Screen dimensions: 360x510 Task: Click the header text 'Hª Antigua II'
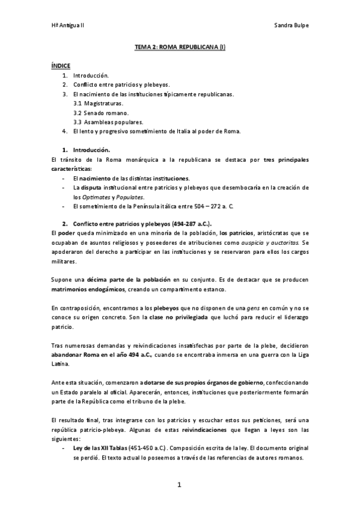(x=67, y=26)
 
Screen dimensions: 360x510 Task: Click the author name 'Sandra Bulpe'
(x=291, y=26)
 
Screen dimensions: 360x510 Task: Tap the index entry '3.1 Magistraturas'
(x=99, y=103)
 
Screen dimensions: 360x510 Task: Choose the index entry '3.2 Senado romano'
(x=99, y=112)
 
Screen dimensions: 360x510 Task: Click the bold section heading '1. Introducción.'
(x=90, y=149)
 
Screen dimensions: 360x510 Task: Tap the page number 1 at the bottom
(x=179, y=485)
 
